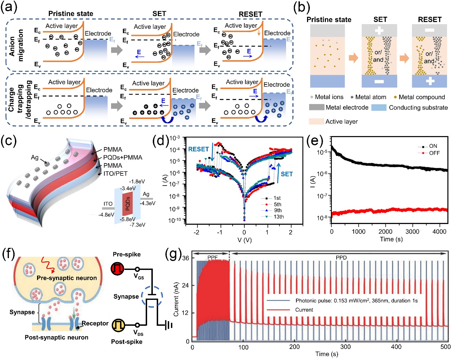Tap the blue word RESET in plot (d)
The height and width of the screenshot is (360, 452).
click(x=198, y=149)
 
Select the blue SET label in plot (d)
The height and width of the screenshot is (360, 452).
click(x=286, y=174)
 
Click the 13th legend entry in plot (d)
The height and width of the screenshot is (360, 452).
click(x=279, y=216)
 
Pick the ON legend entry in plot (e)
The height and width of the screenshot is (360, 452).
click(x=433, y=146)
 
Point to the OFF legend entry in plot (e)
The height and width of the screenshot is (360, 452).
click(x=434, y=153)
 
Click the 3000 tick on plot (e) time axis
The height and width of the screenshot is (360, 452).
click(x=412, y=231)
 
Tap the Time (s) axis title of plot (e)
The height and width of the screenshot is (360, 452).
click(x=391, y=239)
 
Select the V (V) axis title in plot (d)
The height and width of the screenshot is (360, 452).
click(x=244, y=240)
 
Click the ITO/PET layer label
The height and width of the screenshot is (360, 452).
click(x=115, y=173)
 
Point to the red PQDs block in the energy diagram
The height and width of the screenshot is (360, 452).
click(x=128, y=204)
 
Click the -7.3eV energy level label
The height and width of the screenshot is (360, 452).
click(x=137, y=225)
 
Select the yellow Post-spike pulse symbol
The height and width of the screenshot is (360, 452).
click(x=118, y=325)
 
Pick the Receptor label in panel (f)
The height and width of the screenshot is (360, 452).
click(x=95, y=323)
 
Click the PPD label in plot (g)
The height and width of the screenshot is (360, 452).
click(x=341, y=258)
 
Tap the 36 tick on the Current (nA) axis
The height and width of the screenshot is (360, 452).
click(x=186, y=258)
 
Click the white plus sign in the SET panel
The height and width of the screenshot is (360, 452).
click(x=379, y=31)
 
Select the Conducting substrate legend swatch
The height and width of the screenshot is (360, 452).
click(x=379, y=108)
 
